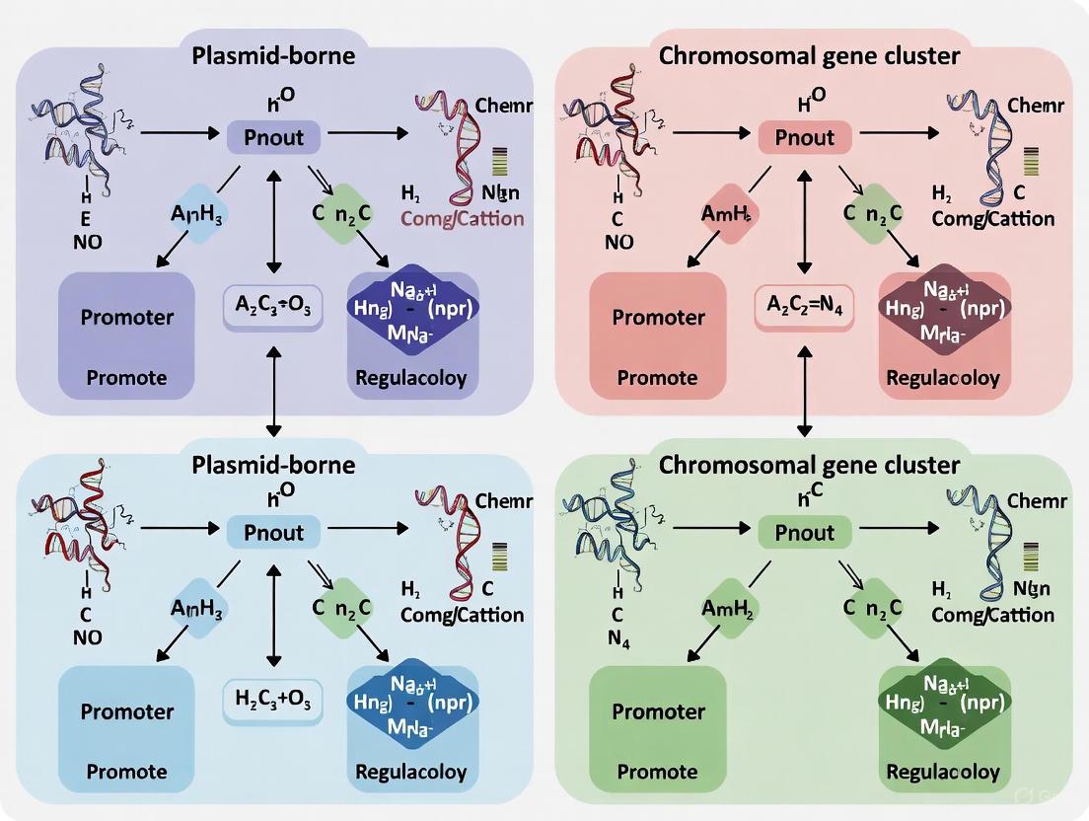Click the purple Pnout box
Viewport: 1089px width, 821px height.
pos(273,137)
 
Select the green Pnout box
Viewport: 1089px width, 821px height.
pos(805,533)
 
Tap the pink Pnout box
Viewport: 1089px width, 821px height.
pos(805,137)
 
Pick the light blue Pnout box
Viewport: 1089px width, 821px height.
pos(273,533)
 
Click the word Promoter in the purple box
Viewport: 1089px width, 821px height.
pos(127,317)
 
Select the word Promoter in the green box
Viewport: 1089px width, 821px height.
pos(657,711)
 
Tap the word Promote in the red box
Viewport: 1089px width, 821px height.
pos(657,378)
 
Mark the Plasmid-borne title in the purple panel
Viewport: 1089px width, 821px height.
pos(274,55)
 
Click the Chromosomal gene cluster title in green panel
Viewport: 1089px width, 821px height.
pos(809,464)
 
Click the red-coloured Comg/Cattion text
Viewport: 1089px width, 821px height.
pos(462,219)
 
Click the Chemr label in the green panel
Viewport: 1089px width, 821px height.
pos(1036,501)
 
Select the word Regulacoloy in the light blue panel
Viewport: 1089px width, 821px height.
pos(411,772)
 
